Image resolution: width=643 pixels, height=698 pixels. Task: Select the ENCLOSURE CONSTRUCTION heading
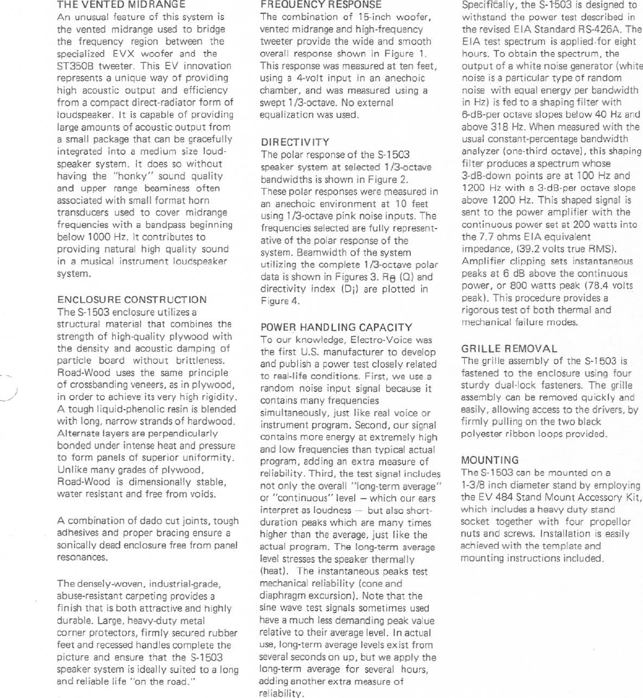132,299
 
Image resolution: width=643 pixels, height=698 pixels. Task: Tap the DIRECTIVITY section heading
294,142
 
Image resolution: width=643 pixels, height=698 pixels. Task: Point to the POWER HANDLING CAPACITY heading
336,327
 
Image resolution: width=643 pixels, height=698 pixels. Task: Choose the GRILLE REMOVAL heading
509,348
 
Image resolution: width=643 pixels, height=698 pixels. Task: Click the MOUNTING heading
490,460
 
